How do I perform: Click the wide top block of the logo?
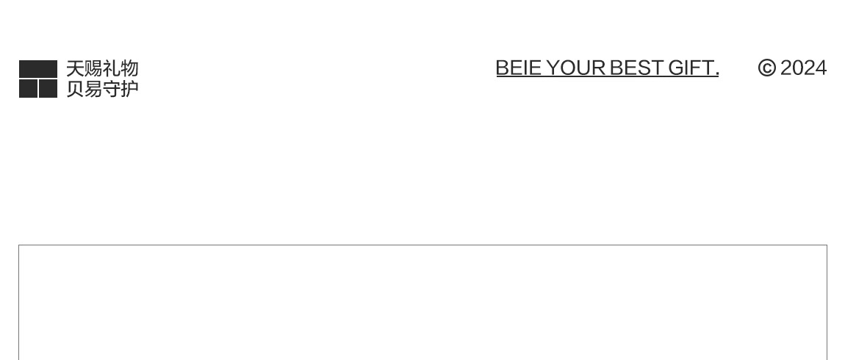(38, 69)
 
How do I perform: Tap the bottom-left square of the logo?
(28, 89)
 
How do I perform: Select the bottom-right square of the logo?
(48, 89)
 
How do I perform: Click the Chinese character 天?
(75, 69)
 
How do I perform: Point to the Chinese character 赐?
(93, 69)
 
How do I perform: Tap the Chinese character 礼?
(111, 69)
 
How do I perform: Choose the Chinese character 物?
(129, 69)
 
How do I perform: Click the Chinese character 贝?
(75, 89)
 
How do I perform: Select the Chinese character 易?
(93, 89)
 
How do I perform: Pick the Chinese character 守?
(111, 89)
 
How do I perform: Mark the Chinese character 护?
(129, 89)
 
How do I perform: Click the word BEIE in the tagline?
(518, 68)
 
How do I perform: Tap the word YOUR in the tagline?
(576, 68)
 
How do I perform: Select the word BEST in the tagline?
(636, 68)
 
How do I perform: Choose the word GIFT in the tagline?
(690, 68)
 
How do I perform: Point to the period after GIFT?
(716, 74)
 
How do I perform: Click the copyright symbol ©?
(766, 68)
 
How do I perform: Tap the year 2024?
(803, 68)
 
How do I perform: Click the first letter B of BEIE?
(503, 68)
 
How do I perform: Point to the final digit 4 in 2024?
(821, 68)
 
